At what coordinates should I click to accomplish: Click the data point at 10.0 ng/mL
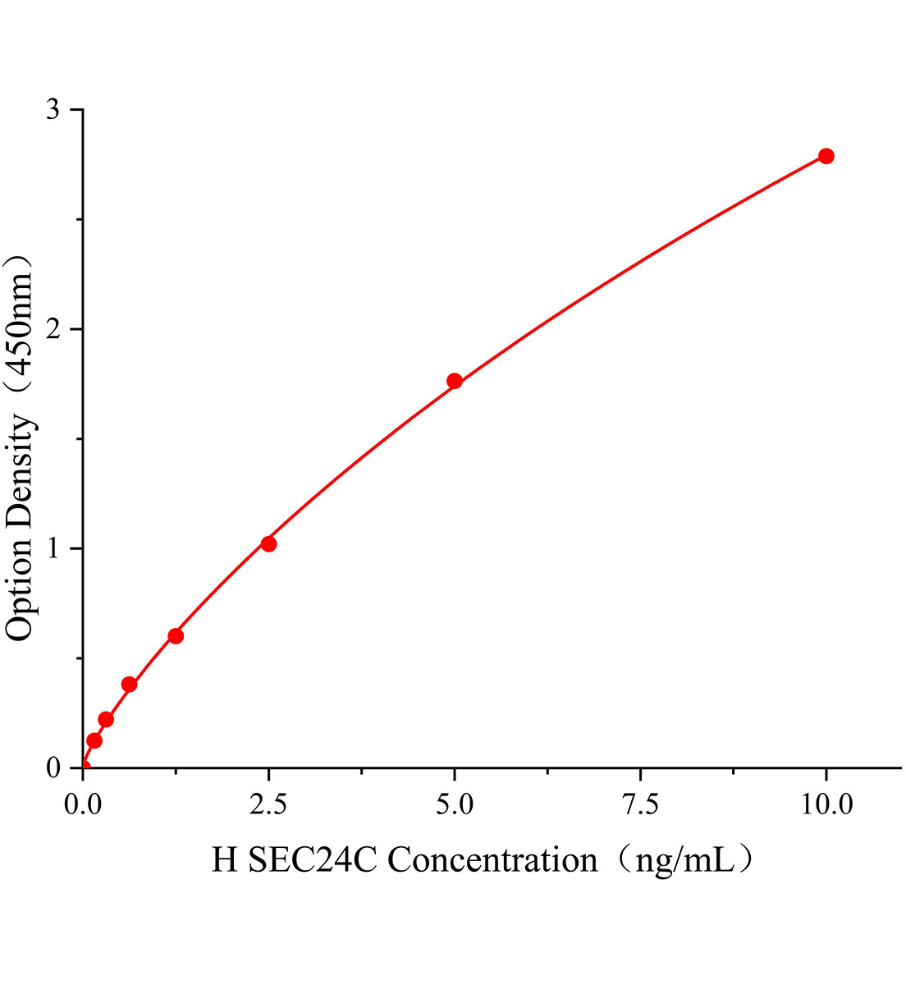(x=826, y=156)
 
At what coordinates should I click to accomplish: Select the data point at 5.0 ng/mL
(x=454, y=381)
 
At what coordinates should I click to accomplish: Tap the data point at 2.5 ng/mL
(x=268, y=543)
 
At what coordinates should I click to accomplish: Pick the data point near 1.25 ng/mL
(x=176, y=636)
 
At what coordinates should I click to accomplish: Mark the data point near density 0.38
(x=129, y=685)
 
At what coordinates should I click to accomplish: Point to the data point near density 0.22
(x=106, y=720)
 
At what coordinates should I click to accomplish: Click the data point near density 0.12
(x=94, y=740)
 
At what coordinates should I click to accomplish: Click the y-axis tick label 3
(x=53, y=110)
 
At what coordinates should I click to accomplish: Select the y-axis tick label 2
(x=53, y=329)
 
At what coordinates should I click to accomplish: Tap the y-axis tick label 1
(x=53, y=548)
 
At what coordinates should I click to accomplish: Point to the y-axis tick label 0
(x=53, y=768)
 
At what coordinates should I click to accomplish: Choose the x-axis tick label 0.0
(x=82, y=805)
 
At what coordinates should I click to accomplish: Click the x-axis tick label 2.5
(x=268, y=805)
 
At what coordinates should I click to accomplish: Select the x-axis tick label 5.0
(x=454, y=805)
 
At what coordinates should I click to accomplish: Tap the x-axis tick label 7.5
(x=640, y=805)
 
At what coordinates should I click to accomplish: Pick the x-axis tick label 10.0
(x=826, y=805)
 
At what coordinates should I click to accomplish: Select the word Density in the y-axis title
(x=20, y=470)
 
